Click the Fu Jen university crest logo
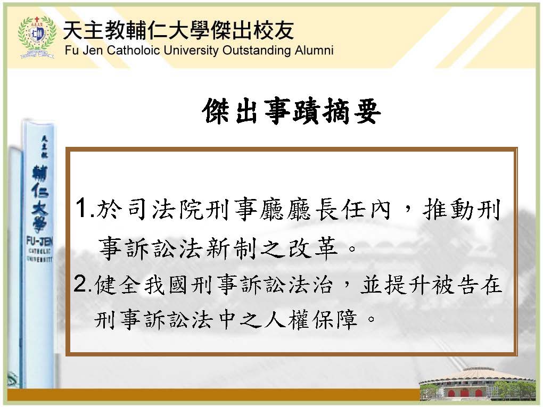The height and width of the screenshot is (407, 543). pyautogui.click(x=37, y=37)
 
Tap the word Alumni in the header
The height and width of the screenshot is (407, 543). pyautogui.click(x=314, y=51)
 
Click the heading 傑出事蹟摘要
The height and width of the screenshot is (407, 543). pyautogui.click(x=292, y=111)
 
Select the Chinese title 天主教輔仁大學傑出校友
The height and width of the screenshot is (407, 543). pyautogui.click(x=179, y=30)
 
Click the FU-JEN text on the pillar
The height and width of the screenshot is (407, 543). pyautogui.click(x=39, y=241)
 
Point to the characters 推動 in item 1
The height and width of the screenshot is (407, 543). pyautogui.click(x=447, y=210)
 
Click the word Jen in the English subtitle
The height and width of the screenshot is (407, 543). pyautogui.click(x=93, y=51)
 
